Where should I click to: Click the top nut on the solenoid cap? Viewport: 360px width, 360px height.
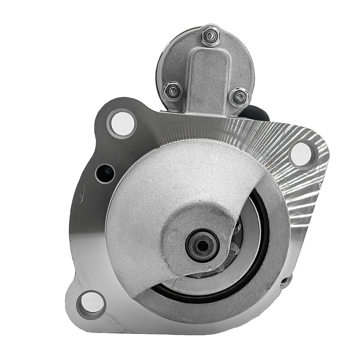[x=208, y=35]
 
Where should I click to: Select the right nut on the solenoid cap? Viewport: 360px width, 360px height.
[x=238, y=96]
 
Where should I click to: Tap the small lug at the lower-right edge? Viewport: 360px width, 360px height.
[x=285, y=281]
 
